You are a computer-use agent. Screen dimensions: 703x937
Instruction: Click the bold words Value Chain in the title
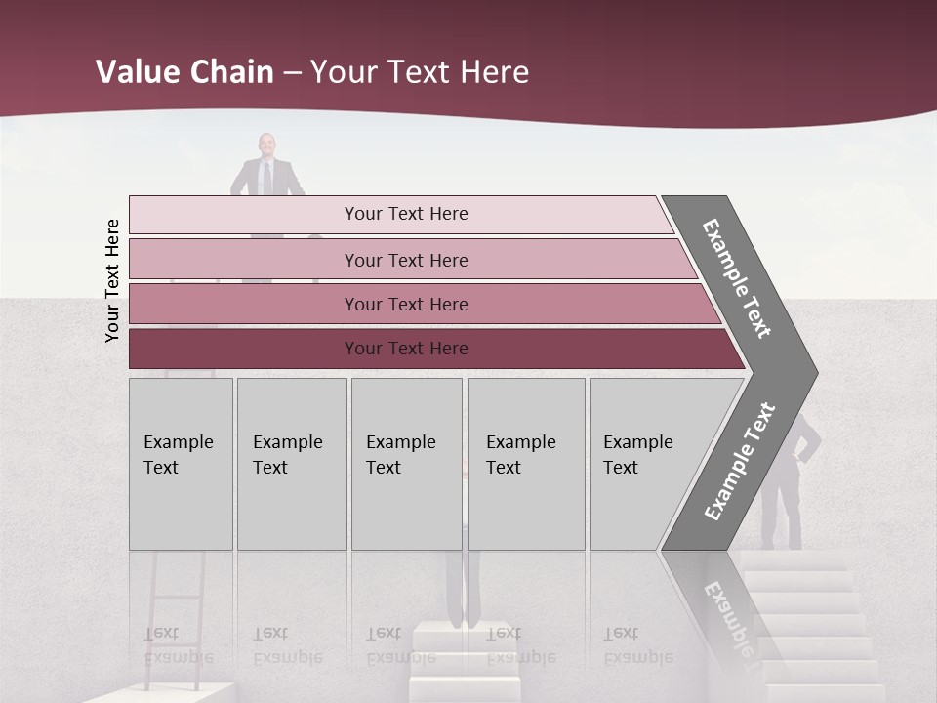[184, 72]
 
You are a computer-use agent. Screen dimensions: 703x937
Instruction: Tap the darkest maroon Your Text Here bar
[406, 349]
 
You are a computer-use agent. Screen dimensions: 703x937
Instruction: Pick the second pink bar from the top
[406, 260]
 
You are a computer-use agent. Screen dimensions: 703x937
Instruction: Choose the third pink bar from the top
[406, 304]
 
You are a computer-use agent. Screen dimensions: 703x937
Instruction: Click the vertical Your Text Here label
[112, 281]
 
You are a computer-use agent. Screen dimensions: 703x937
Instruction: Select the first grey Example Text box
[181, 463]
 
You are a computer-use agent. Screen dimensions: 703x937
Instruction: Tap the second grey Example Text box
[291, 463]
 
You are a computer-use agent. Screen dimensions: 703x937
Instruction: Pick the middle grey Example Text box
[406, 463]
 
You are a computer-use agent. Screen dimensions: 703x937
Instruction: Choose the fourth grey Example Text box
[526, 463]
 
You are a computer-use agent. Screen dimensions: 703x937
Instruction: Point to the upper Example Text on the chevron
[738, 278]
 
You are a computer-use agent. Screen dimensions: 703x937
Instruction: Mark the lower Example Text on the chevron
[740, 462]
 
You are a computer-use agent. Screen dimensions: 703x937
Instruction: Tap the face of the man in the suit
[266, 146]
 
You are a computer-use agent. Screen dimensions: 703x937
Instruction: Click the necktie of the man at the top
[266, 178]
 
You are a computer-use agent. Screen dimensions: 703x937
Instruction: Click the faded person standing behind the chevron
[786, 478]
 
